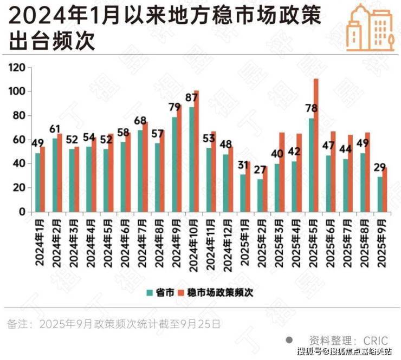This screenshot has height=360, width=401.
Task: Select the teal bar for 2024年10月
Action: (191, 159)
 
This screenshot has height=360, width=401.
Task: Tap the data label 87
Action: (191, 97)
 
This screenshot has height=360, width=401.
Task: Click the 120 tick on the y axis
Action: (18, 68)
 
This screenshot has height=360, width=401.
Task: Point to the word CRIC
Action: (375, 341)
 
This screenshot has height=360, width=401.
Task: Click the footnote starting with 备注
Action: (114, 324)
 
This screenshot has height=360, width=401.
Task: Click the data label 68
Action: (141, 121)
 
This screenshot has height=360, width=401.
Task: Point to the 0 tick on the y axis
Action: (22, 212)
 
